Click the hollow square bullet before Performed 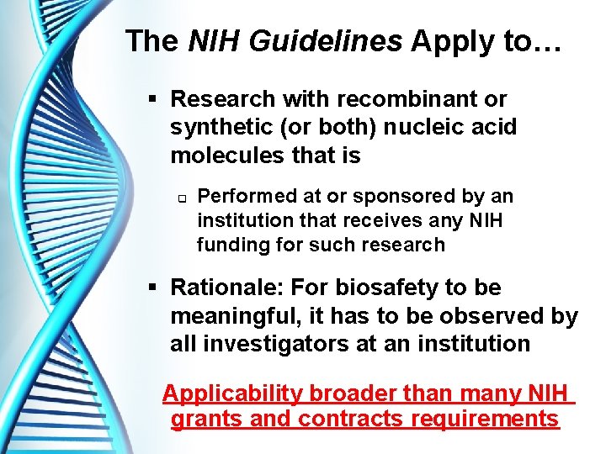[x=180, y=198]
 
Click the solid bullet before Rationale [x=152, y=288]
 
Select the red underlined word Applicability [x=233, y=393]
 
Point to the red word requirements [x=486, y=419]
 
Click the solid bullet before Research [x=152, y=100]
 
